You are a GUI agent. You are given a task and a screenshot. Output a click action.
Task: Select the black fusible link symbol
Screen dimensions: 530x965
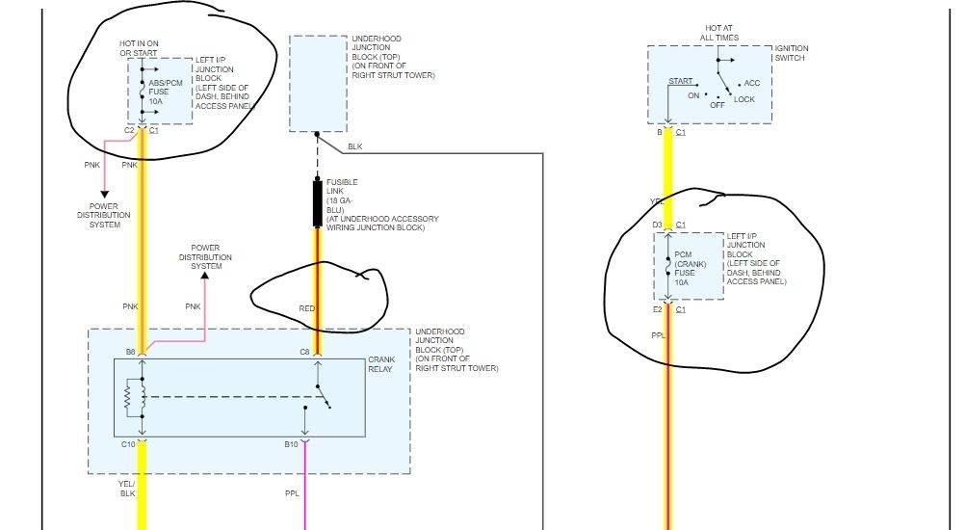[x=317, y=202]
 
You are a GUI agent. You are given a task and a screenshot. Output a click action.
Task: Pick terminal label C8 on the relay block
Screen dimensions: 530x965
[x=303, y=352]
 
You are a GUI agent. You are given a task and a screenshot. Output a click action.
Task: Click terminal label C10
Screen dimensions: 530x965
[x=128, y=443]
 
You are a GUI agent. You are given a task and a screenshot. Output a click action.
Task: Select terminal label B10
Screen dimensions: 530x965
[x=291, y=443]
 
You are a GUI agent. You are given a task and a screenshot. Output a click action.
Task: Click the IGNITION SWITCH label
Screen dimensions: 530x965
[x=792, y=54]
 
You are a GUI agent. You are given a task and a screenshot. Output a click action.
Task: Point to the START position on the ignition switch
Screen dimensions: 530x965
[x=682, y=81]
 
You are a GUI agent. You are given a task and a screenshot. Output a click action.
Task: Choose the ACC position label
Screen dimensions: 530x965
[x=752, y=83]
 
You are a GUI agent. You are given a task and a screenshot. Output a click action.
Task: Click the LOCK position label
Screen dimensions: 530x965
[x=743, y=99]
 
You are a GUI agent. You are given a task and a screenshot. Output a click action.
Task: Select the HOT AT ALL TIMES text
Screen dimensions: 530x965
[x=718, y=33]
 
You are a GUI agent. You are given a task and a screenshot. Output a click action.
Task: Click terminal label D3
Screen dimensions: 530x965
[x=658, y=225]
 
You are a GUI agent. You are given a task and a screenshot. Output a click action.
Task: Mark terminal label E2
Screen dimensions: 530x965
[x=658, y=310]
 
